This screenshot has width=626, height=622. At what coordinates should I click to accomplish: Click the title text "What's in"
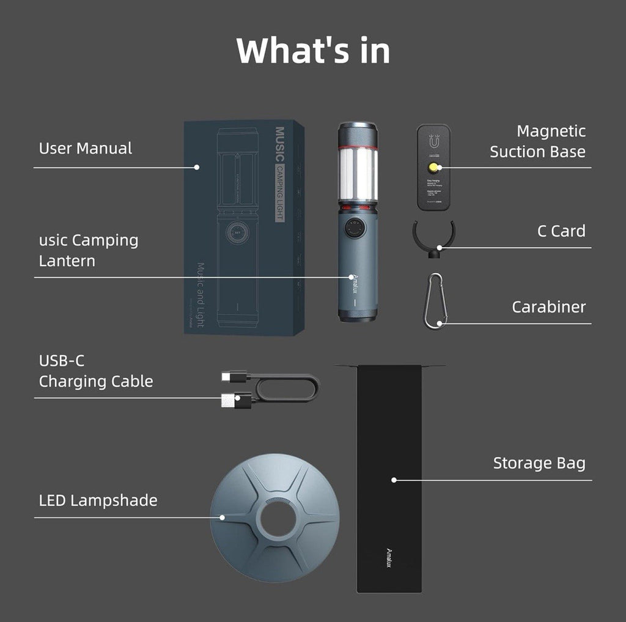(312, 50)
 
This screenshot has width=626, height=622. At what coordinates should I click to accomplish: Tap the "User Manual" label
(85, 148)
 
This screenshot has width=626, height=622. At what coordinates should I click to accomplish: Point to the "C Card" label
(561, 231)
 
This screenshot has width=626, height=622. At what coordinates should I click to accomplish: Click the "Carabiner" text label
(548, 307)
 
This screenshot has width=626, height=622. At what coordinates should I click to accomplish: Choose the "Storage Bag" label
(539, 464)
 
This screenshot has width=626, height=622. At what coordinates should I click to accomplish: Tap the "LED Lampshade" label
(98, 500)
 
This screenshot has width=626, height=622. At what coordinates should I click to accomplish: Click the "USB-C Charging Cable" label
(96, 371)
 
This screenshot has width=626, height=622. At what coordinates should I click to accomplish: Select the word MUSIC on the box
(280, 144)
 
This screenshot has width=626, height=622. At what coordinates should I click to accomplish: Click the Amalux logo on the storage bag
(389, 557)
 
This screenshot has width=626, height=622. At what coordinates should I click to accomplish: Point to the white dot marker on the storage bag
(394, 480)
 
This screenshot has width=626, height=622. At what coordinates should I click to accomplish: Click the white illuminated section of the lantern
(357, 172)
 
